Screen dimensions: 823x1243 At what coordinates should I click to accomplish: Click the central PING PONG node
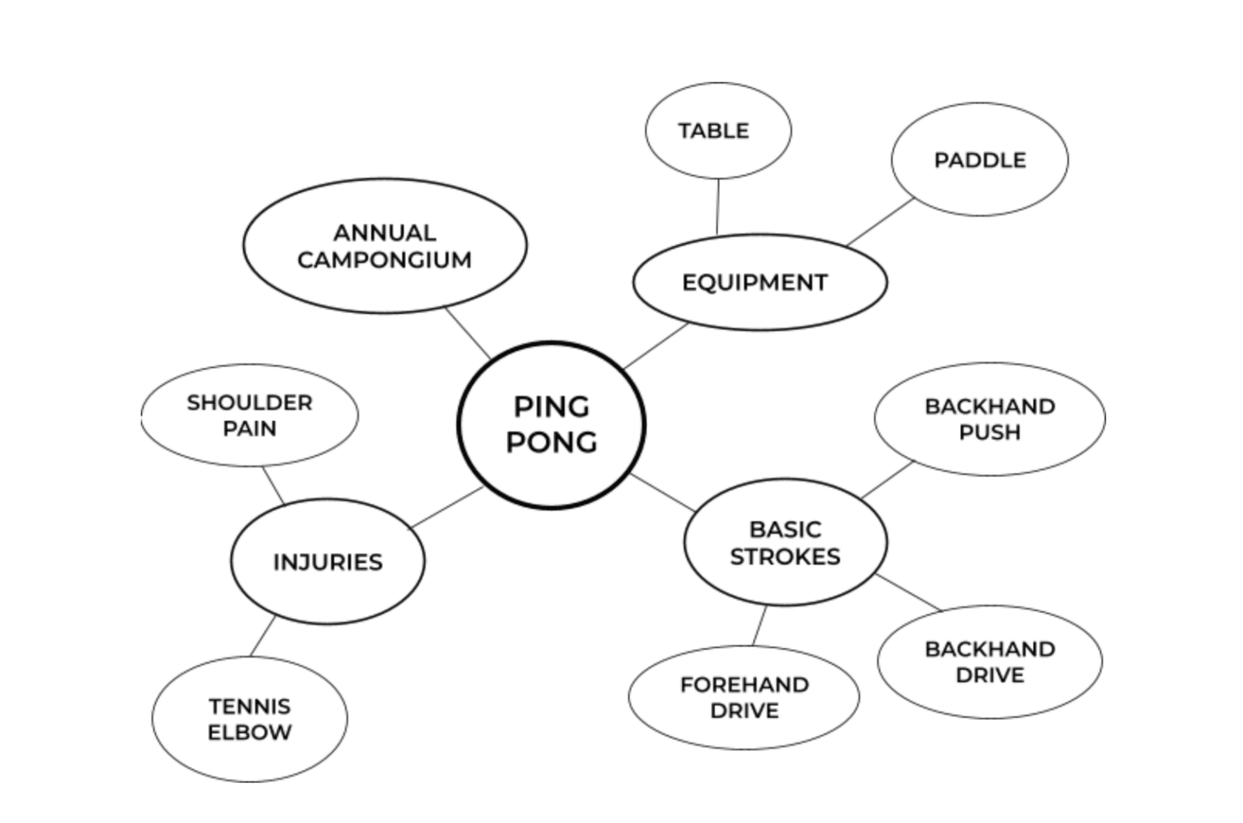(x=551, y=425)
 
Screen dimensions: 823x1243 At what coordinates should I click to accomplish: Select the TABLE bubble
(x=718, y=130)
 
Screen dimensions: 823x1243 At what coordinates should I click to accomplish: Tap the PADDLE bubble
(x=979, y=159)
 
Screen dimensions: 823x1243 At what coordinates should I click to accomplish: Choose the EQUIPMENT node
(x=759, y=282)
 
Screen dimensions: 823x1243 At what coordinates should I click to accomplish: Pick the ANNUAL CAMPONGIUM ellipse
(x=384, y=246)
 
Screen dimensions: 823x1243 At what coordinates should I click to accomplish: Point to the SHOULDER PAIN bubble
(x=249, y=415)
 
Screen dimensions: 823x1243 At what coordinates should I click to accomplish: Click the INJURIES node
(x=327, y=562)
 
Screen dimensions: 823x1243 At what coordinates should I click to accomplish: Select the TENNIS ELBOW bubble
(x=249, y=719)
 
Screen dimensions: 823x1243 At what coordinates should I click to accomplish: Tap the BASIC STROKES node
(x=785, y=542)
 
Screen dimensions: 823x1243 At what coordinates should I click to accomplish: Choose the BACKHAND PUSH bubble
(x=989, y=418)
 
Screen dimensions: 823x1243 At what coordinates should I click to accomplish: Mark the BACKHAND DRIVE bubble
(x=989, y=662)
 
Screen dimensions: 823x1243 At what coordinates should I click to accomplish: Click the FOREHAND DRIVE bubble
(x=744, y=698)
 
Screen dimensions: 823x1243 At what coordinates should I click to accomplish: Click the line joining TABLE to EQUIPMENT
(x=718, y=206)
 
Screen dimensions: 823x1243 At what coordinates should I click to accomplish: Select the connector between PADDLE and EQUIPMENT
(x=880, y=222)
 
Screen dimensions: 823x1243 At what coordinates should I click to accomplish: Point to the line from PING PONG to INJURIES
(x=448, y=507)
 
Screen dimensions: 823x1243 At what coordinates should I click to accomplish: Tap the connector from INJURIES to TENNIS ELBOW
(x=262, y=637)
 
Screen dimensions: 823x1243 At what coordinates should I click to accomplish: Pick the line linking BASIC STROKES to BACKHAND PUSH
(x=887, y=480)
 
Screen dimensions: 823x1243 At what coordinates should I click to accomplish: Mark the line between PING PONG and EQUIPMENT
(x=655, y=346)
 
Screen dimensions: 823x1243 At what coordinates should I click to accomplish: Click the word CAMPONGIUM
(x=384, y=260)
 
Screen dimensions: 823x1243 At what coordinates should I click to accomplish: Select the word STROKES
(x=785, y=557)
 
